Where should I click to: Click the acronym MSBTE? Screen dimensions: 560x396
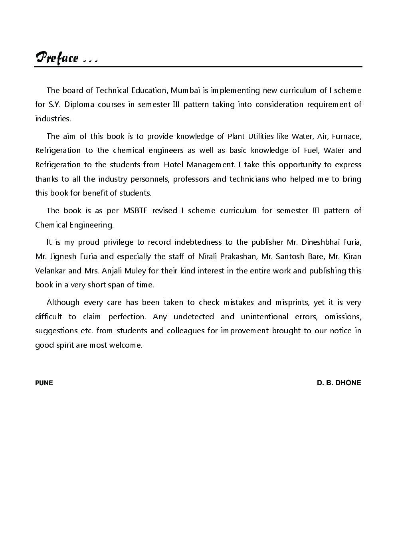[135, 210]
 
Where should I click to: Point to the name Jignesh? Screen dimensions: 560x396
[63, 256]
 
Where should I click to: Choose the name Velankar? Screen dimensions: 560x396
[50, 271]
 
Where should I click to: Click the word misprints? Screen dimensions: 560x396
[292, 302]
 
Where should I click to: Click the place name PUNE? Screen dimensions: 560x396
[44, 383]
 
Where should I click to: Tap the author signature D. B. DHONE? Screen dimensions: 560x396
[339, 382]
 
